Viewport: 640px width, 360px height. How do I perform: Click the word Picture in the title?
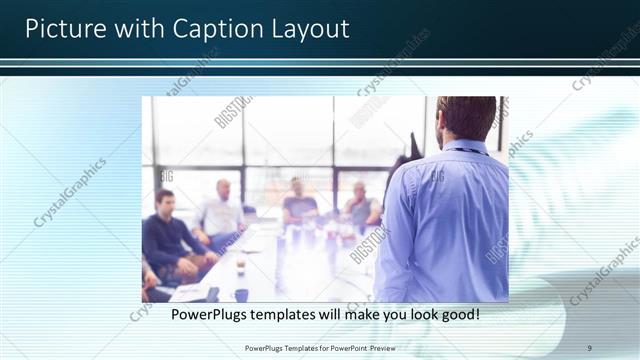click(x=62, y=28)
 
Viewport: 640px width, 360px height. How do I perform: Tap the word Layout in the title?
click(x=310, y=28)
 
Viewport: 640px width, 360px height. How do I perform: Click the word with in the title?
click(x=138, y=28)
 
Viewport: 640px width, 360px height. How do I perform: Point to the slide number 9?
click(x=589, y=347)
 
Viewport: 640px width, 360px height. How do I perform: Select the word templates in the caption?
click(x=288, y=314)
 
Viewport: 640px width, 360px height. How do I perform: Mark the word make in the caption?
click(x=345, y=314)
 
